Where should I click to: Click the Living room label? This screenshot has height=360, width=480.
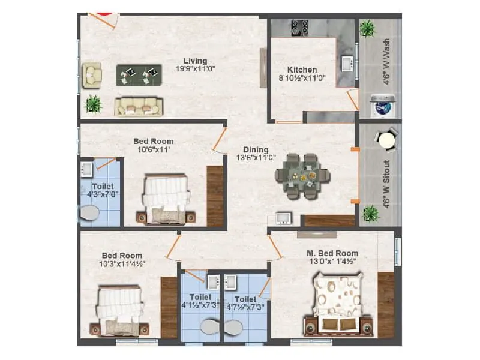[196, 61]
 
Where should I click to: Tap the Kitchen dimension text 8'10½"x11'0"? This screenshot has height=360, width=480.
[302, 78]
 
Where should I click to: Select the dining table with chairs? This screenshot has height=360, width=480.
[302, 176]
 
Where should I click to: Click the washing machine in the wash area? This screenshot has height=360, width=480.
[381, 107]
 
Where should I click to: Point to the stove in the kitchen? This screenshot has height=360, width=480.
[300, 28]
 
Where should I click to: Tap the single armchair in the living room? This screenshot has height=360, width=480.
[92, 74]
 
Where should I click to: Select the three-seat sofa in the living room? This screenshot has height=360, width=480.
[139, 106]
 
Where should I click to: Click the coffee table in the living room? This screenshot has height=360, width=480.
[139, 74]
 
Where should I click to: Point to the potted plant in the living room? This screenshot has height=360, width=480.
[93, 104]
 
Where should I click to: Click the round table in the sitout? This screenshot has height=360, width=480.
[386, 140]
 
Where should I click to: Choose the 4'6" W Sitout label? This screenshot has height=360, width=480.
[387, 184]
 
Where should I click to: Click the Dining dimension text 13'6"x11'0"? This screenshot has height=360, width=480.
[256, 158]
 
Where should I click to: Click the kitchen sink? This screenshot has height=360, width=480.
[346, 62]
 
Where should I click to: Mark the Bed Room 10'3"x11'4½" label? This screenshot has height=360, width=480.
[123, 263]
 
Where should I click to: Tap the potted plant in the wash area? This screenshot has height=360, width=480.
[367, 28]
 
